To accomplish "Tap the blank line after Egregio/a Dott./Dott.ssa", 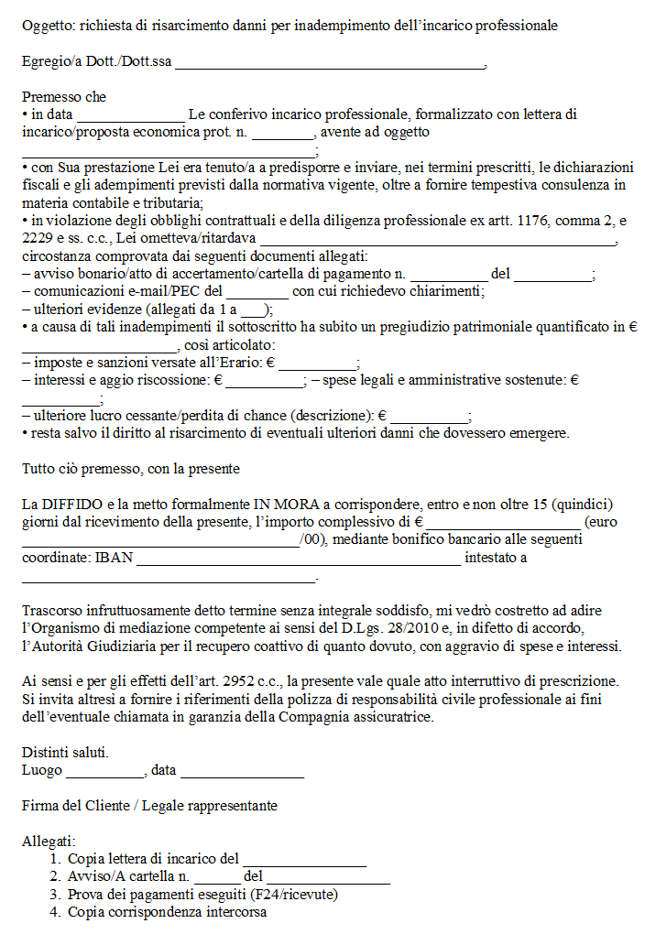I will click(329, 64).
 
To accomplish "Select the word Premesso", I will click(51, 96).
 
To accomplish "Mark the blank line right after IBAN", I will click(298, 560).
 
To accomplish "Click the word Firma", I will click(39, 806).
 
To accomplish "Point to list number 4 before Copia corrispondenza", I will click(56, 912).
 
